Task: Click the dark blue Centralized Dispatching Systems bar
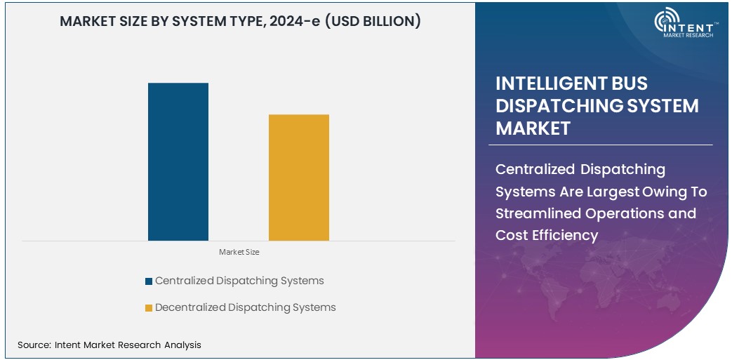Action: [x=178, y=161]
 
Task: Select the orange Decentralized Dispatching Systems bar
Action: [x=298, y=177]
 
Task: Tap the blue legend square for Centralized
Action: [x=149, y=281]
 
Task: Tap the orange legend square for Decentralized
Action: [x=149, y=308]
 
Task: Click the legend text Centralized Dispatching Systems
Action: [x=239, y=281]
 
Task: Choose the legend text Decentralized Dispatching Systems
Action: [x=245, y=307]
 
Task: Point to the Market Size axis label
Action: [x=239, y=252]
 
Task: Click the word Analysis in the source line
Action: [x=182, y=345]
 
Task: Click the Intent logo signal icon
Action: [x=664, y=22]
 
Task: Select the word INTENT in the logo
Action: [x=693, y=25]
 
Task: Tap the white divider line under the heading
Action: [x=604, y=145]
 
